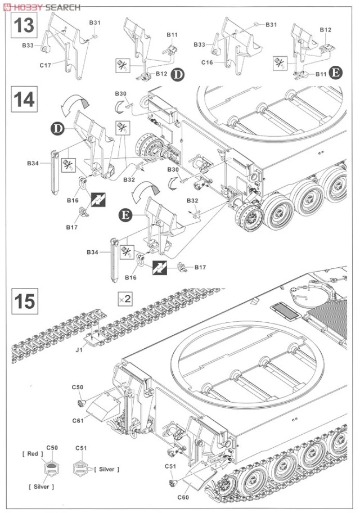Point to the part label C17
pyautogui.click(x=46, y=66)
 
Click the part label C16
pyautogui.click(x=207, y=62)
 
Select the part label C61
pyautogui.click(x=79, y=420)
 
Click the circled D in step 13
pyautogui.click(x=178, y=75)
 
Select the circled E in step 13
pyautogui.click(x=336, y=73)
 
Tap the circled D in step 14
pyautogui.click(x=57, y=128)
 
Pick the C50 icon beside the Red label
pyautogui.click(x=51, y=466)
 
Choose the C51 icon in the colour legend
pyautogui.click(x=80, y=466)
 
